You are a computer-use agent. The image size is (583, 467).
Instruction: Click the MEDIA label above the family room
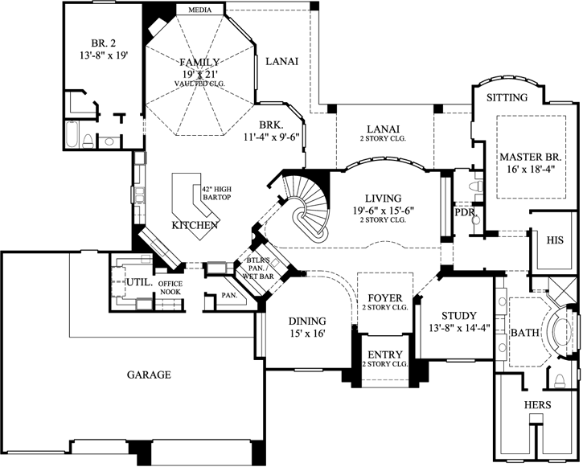pos(200,10)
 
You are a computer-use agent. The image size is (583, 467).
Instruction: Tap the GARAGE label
pos(149,375)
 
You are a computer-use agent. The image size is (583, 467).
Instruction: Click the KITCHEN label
pos(195,225)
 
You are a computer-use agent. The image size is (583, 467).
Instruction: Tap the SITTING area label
pos(507,98)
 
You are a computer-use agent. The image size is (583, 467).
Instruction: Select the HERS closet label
pos(537,405)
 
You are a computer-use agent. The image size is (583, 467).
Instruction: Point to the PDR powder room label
pos(465,213)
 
